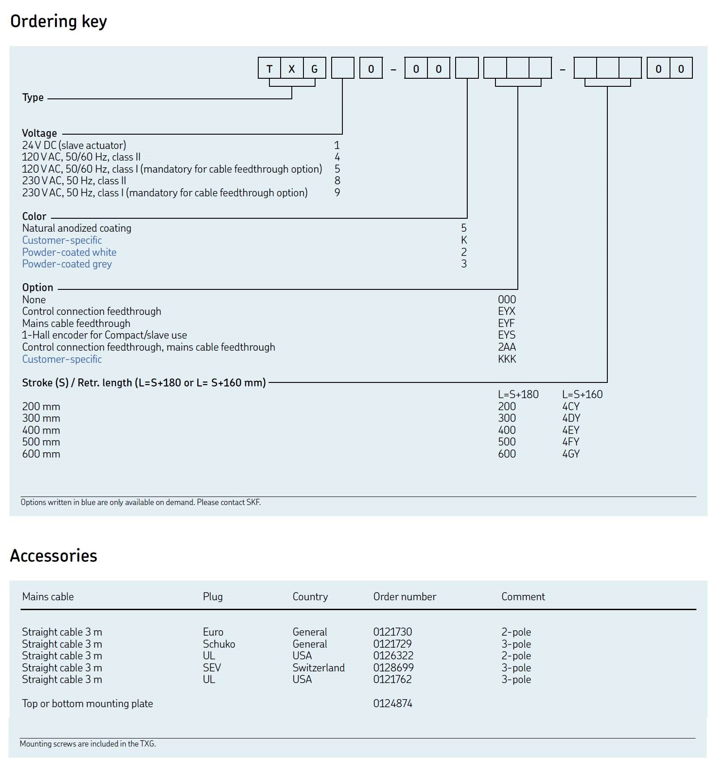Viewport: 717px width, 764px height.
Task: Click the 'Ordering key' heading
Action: (59, 21)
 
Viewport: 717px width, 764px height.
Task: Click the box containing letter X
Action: (292, 69)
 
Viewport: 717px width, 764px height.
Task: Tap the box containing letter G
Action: (314, 69)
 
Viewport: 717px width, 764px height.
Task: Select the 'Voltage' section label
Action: (39, 133)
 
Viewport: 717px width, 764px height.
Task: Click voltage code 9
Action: (337, 193)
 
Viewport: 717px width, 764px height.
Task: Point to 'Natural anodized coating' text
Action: (77, 228)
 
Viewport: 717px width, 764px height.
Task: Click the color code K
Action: (464, 240)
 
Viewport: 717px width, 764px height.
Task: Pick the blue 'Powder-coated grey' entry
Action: (67, 264)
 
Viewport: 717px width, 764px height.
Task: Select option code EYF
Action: (506, 323)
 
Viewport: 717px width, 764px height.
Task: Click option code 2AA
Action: (507, 347)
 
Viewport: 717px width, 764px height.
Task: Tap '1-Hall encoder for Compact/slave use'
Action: (104, 335)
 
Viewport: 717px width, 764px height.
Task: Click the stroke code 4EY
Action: (571, 430)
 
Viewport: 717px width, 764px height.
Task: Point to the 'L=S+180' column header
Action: (518, 395)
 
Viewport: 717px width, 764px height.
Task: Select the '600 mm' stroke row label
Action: (41, 454)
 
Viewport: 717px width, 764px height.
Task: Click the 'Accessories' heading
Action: (54, 556)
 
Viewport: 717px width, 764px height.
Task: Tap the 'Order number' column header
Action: (405, 597)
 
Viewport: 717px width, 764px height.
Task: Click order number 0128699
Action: (393, 668)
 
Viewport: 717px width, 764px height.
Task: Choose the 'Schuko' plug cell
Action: (219, 644)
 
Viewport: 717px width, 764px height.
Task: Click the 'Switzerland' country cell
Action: (319, 668)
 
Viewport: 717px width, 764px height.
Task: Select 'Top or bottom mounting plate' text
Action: (87, 704)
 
